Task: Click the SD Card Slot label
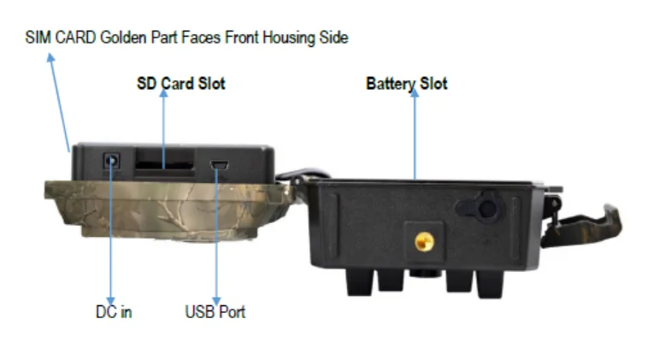tap(181, 84)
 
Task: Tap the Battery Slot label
tap(407, 84)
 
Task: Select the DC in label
tap(114, 312)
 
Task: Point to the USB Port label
tap(215, 312)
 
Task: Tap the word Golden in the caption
tap(123, 38)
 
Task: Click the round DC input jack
tap(111, 160)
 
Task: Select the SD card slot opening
tap(165, 165)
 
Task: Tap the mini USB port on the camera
tap(220, 165)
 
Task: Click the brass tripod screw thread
tap(424, 242)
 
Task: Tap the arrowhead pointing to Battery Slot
tap(415, 93)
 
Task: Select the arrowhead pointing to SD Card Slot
tap(164, 93)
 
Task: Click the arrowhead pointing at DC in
tap(110, 301)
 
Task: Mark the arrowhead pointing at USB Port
tap(216, 301)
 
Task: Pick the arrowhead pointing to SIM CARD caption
tap(51, 58)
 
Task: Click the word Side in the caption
tap(333, 38)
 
